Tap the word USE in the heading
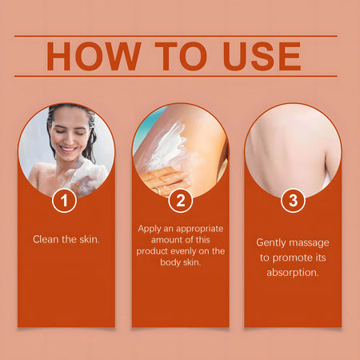click(x=262, y=56)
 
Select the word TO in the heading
click(x=181, y=56)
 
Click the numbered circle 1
click(x=64, y=200)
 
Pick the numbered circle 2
click(x=181, y=200)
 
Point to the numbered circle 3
click(x=293, y=200)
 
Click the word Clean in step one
click(x=46, y=239)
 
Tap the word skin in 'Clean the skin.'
click(x=90, y=239)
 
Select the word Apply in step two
click(x=150, y=229)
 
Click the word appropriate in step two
click(x=200, y=229)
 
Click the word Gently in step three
click(x=271, y=243)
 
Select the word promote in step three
click(x=292, y=258)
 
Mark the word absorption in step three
click(x=293, y=273)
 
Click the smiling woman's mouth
click(x=69, y=149)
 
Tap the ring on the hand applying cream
click(x=159, y=190)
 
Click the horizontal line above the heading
click(x=176, y=36)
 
